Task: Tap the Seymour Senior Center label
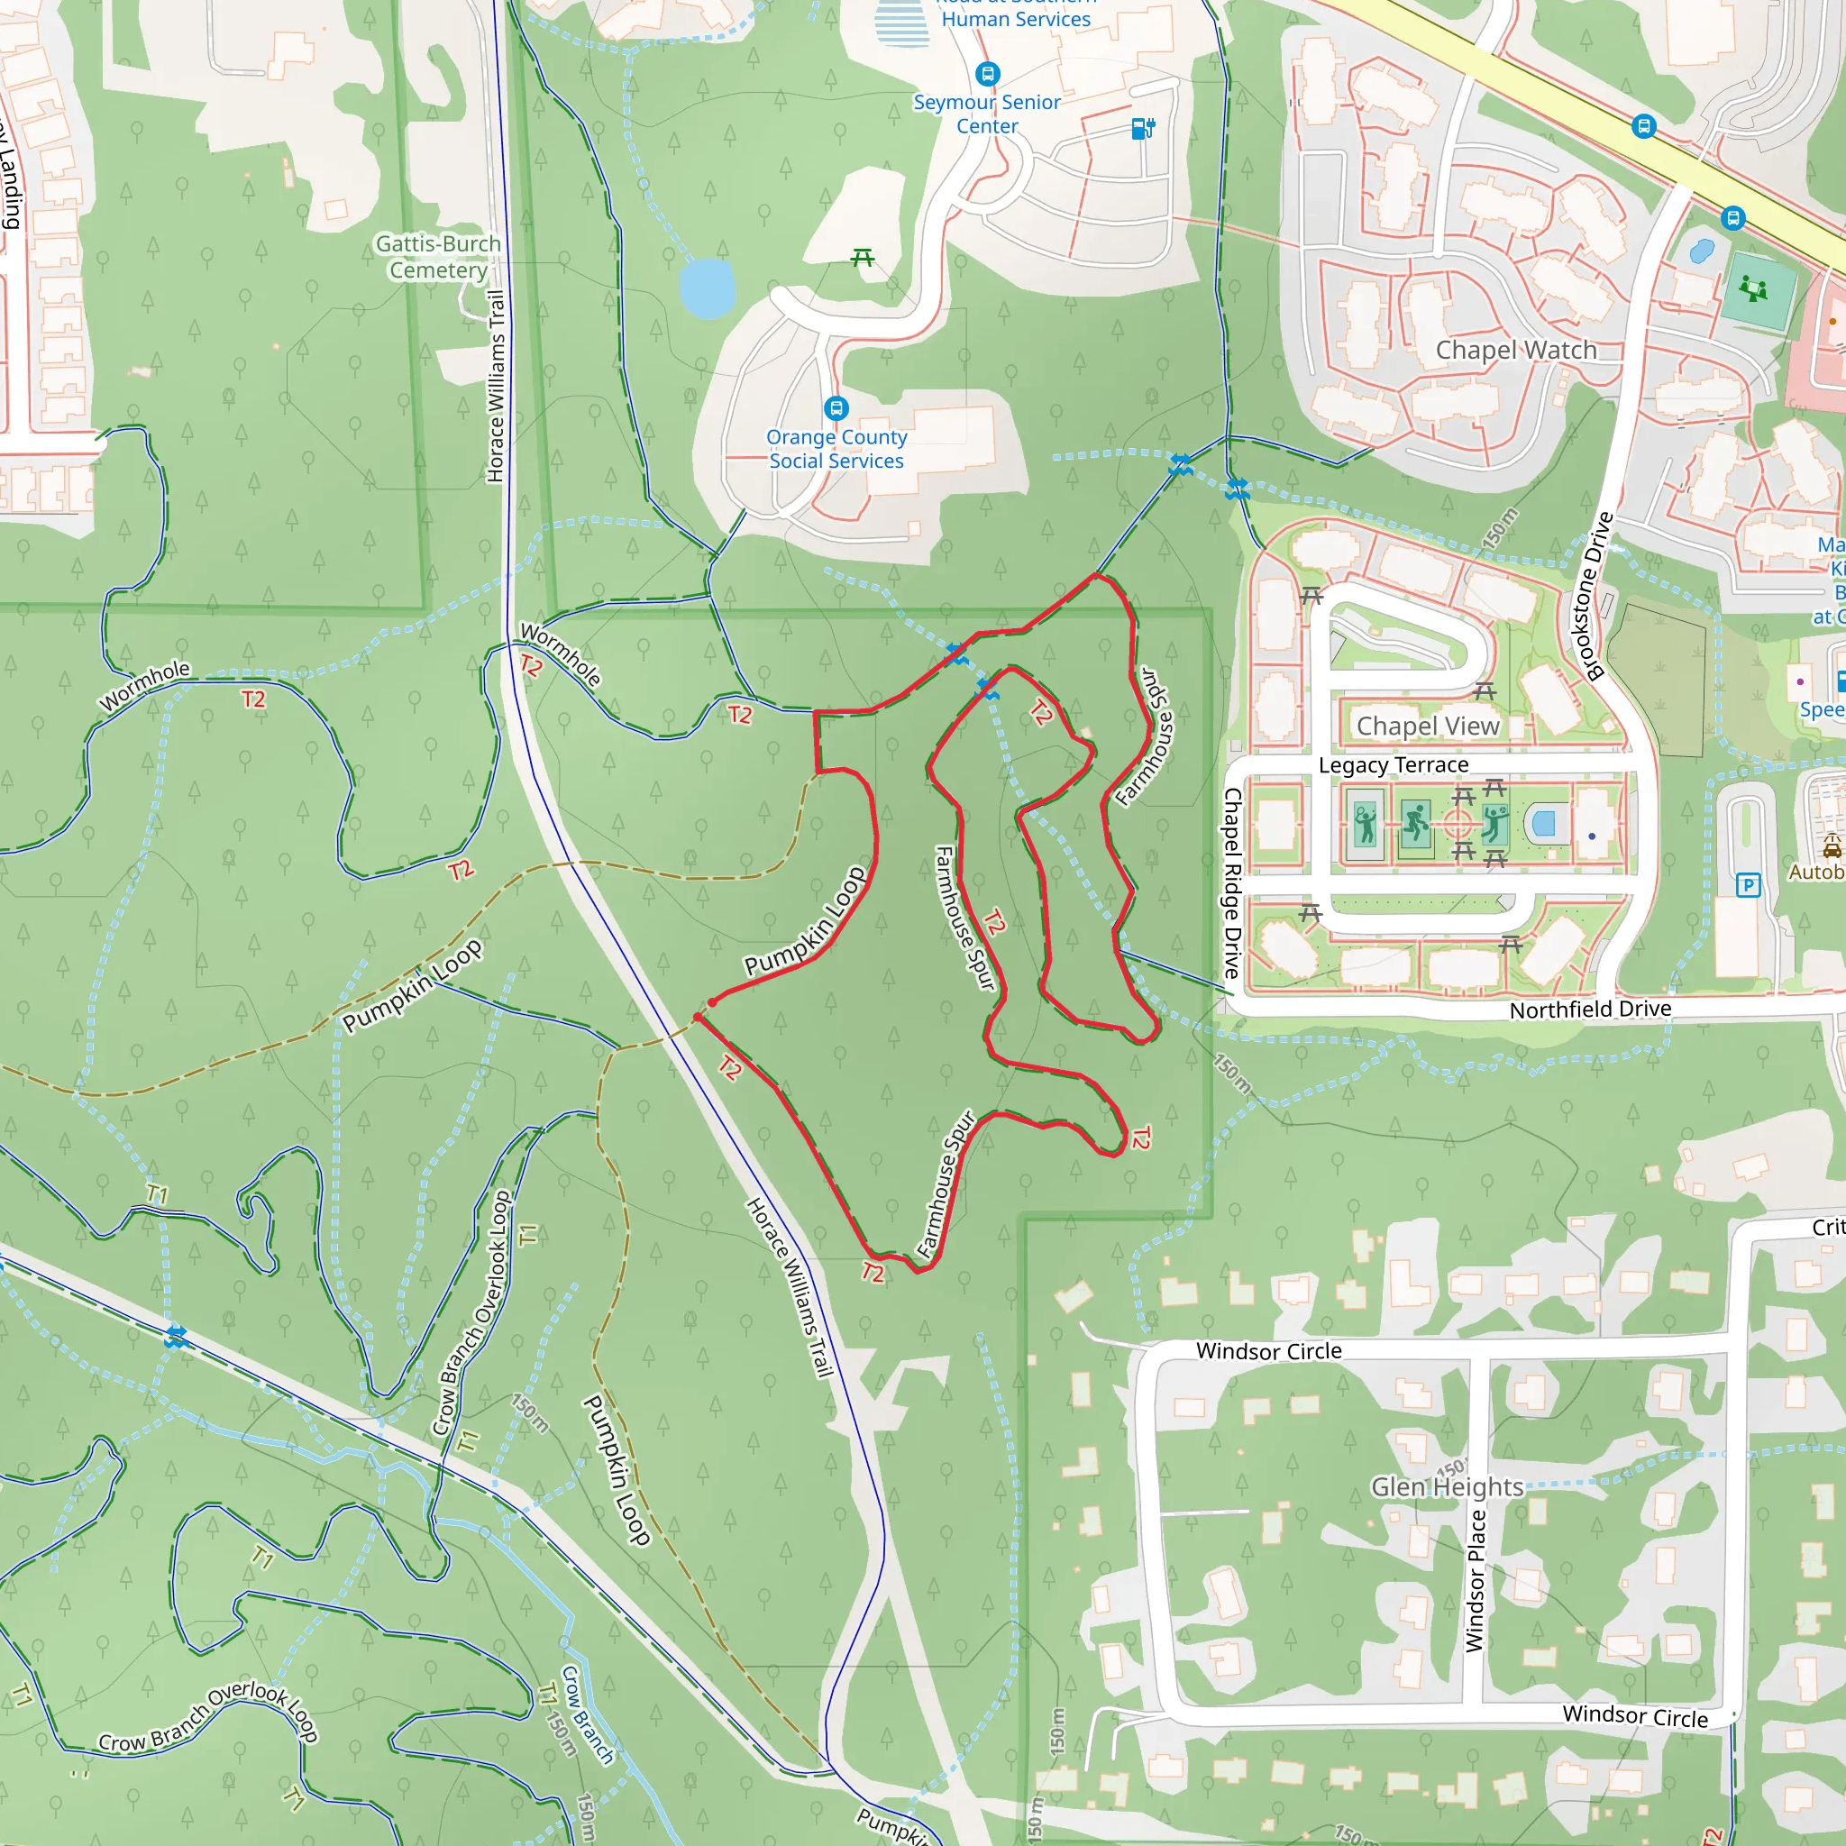987,114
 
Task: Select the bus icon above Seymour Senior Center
987,74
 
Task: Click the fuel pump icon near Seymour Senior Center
1143,128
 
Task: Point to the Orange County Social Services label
837,449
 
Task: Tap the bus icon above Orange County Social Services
836,409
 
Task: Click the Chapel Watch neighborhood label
1516,350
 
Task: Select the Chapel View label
1428,727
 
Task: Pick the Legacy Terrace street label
1394,765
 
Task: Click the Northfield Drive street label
1590,1009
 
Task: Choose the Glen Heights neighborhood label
1447,1486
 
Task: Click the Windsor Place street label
1476,1580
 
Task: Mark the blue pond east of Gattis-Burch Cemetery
707,288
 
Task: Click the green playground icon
1753,288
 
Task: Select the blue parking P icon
1748,885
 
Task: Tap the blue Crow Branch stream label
587,1715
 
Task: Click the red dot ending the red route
712,1002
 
